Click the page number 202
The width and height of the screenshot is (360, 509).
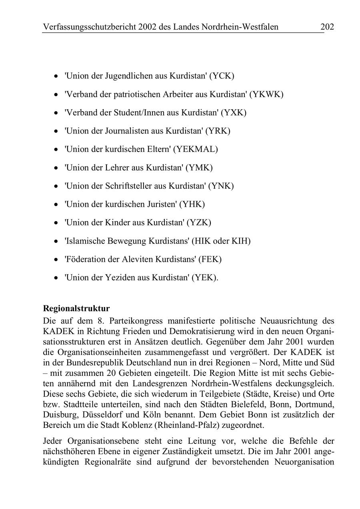click(327, 27)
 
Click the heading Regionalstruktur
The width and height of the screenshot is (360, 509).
click(76, 309)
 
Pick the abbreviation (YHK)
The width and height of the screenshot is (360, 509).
click(192, 204)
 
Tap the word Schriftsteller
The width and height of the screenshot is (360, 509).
click(130, 186)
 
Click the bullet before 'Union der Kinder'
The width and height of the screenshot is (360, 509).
click(56, 223)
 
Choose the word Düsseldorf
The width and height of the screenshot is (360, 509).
click(97, 414)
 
